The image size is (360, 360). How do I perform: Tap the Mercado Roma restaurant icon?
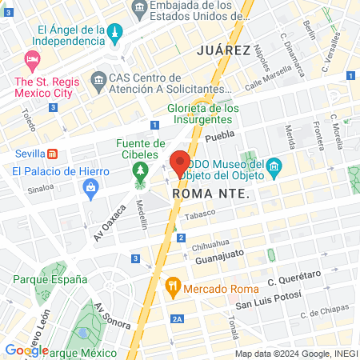(172, 286)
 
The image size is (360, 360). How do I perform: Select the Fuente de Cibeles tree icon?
(141, 171)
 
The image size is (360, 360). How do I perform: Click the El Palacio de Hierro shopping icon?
(90, 188)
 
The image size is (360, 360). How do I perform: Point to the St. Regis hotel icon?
(32, 60)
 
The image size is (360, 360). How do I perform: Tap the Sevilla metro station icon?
(52, 153)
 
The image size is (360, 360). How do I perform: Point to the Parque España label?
(50, 279)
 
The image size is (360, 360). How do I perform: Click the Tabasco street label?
(201, 215)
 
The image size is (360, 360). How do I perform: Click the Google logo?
(26, 350)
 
